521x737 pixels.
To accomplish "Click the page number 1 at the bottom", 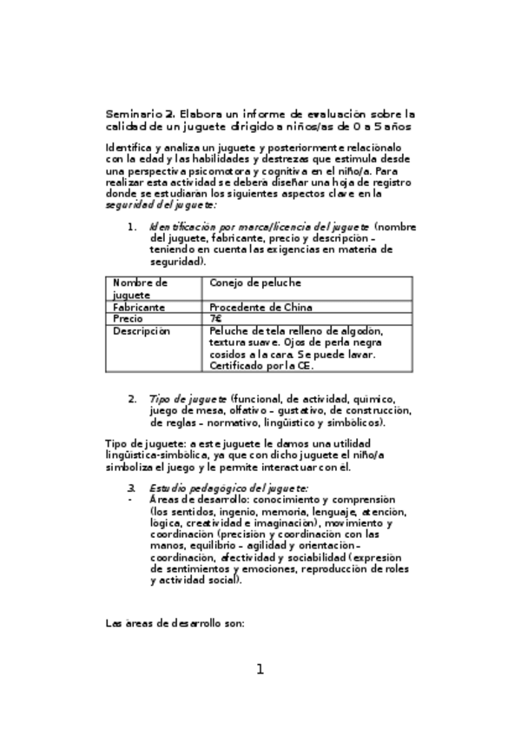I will click(x=259, y=669).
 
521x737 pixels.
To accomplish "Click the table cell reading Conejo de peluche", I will click(x=253, y=282).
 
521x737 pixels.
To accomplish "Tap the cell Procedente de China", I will click(x=260, y=307).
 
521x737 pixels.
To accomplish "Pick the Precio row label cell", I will click(x=128, y=319).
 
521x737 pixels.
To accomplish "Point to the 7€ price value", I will click(x=215, y=319).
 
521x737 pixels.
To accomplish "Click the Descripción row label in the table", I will click(x=142, y=331).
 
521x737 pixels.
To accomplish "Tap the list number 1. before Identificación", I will click(x=132, y=227).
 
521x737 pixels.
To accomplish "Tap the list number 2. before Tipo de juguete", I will click(x=132, y=399).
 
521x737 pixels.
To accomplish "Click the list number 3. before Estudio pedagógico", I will click(x=132, y=489).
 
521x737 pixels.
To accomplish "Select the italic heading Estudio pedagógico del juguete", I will click(x=228, y=489).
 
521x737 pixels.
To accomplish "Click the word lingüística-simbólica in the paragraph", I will click(x=155, y=455).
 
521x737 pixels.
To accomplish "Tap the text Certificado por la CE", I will click(x=260, y=367).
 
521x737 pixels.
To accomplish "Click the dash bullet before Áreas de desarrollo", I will click(x=130, y=501).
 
